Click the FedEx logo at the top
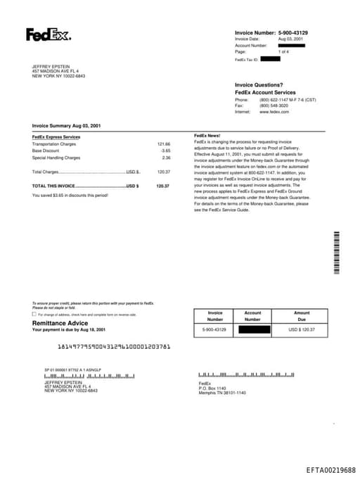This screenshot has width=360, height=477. (x=48, y=34)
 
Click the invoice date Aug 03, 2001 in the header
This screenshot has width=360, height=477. (x=291, y=39)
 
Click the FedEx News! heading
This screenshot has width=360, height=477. (x=207, y=135)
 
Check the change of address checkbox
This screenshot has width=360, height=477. (x=34, y=314)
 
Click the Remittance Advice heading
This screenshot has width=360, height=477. (x=60, y=323)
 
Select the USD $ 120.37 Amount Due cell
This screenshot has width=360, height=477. (x=302, y=329)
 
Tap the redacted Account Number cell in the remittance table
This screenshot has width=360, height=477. (x=252, y=329)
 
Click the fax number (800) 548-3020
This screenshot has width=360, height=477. (x=274, y=106)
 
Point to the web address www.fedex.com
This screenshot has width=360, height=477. (x=274, y=112)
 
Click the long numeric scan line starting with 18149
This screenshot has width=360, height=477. (x=113, y=346)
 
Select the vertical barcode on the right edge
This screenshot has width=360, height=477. (x=337, y=252)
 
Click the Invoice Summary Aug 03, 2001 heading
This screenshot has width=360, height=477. (x=66, y=126)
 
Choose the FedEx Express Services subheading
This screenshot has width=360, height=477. (x=56, y=136)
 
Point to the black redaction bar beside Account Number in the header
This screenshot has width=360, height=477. (x=291, y=45)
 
